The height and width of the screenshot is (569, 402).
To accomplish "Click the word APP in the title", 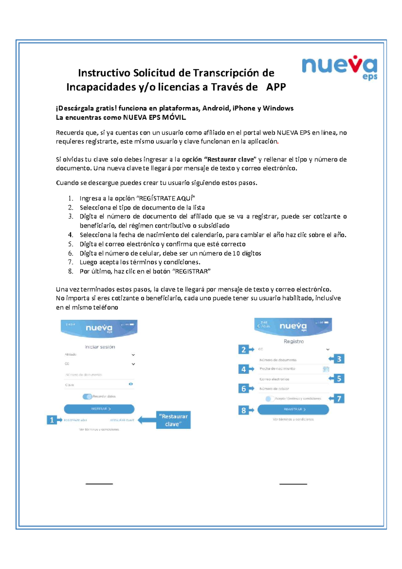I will (x=276, y=87).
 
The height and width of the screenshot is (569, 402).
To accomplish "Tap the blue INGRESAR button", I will (x=99, y=409).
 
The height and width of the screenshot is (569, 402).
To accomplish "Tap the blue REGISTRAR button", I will (x=293, y=409).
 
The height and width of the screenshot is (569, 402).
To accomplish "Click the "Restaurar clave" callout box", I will (x=173, y=420).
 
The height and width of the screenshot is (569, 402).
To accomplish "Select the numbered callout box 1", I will (x=52, y=420).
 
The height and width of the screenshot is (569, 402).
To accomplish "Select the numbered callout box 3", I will (x=339, y=359).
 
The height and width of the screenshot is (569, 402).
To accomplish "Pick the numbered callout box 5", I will (x=339, y=379).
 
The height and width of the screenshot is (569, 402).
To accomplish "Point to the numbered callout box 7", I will (x=339, y=398).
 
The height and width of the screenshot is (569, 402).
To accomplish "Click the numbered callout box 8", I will (x=244, y=410).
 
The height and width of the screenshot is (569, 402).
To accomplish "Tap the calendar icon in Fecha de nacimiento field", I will (x=326, y=369).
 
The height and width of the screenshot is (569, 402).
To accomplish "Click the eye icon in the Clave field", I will (x=131, y=384).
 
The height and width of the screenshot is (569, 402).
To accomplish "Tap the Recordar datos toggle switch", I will (x=87, y=396).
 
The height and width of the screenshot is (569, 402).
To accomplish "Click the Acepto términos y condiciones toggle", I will (x=269, y=399).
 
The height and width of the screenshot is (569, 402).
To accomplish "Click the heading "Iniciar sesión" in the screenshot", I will (x=100, y=347).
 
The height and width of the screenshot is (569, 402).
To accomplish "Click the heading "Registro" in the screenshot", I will (x=293, y=341).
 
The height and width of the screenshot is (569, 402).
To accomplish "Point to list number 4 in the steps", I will (x=70, y=235).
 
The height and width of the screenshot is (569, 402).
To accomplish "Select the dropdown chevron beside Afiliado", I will (x=133, y=355).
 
